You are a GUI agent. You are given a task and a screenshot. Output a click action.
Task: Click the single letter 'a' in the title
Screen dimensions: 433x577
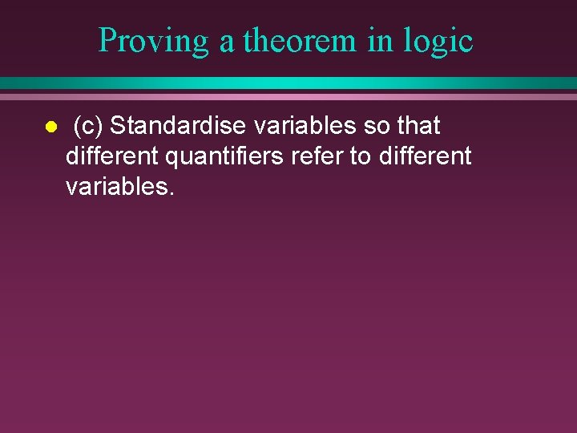click(x=227, y=42)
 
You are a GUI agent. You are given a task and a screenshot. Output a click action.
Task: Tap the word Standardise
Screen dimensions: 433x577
click(x=177, y=126)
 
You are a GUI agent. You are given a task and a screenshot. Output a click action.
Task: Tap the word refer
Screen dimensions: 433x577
click(x=316, y=156)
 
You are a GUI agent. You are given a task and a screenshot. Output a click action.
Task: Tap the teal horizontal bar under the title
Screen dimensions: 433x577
click(x=288, y=83)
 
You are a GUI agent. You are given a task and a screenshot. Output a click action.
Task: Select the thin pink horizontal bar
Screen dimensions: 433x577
click(x=288, y=96)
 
